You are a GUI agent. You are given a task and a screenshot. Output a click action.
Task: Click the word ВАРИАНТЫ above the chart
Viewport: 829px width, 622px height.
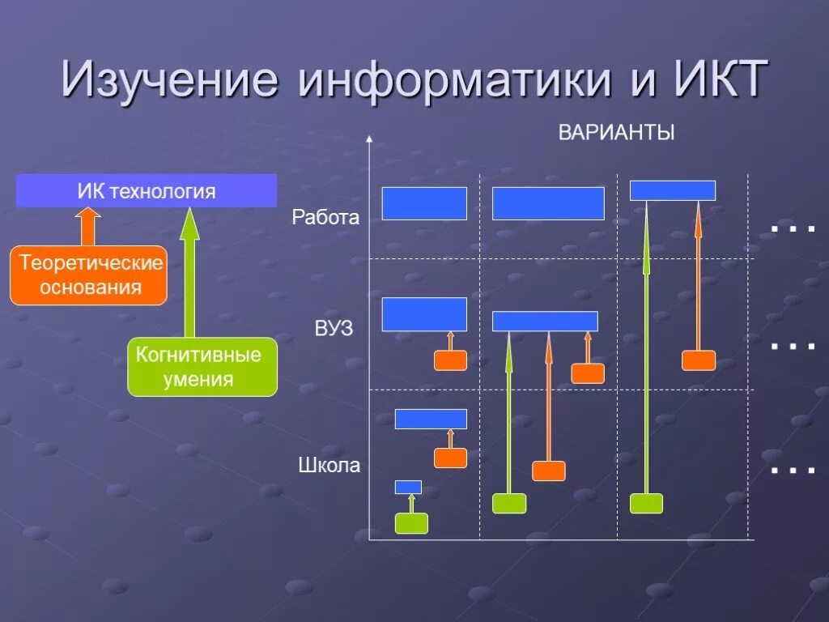tap(616, 133)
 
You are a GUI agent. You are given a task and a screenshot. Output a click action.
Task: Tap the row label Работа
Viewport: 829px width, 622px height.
tap(325, 218)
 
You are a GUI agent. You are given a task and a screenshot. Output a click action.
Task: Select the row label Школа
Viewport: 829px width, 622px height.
tap(329, 466)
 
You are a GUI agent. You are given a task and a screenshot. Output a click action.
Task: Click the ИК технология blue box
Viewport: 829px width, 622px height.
tap(147, 191)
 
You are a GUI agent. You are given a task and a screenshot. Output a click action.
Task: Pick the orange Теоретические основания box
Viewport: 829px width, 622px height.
tap(89, 275)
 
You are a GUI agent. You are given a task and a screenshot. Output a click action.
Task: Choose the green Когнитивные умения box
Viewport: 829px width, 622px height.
tap(202, 367)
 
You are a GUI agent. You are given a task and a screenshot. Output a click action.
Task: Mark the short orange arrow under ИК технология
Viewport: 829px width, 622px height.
tap(87, 226)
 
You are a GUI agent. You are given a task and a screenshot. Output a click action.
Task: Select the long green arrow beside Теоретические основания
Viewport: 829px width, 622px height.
tap(189, 272)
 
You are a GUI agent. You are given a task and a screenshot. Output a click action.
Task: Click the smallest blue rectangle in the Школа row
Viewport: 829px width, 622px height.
tap(408, 487)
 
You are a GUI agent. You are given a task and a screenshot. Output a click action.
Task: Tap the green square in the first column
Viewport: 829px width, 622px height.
tap(411, 523)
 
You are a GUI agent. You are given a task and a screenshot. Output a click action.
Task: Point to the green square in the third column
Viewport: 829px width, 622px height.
tap(646, 504)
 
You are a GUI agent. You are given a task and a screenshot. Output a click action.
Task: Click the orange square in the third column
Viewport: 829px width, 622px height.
tap(698, 360)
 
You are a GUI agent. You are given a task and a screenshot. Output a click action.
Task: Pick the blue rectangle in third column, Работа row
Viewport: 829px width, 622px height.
tap(673, 190)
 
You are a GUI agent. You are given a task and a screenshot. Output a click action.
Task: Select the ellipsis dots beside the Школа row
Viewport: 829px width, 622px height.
tap(793, 471)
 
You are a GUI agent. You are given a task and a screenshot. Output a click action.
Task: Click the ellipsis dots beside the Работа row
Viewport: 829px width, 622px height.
tap(793, 230)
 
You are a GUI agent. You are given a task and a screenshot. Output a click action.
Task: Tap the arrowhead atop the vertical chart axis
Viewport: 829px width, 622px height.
tap(369, 139)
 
